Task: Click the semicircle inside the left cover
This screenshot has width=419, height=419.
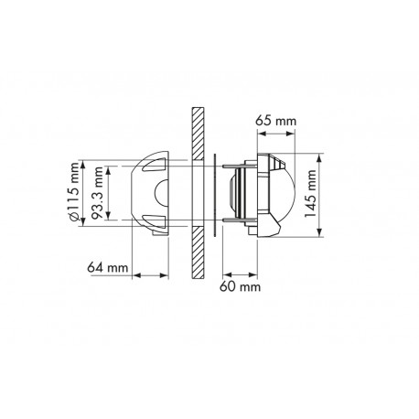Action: pyautogui.click(x=163, y=193)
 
